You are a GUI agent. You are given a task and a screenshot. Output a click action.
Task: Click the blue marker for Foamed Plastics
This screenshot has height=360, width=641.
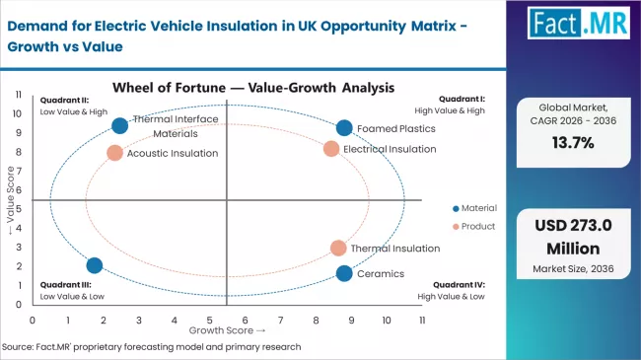coord(343,127)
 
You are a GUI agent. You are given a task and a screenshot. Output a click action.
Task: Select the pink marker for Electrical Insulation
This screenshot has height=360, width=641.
coord(331,149)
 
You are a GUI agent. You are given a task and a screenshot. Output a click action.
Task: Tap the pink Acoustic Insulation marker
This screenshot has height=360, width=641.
coord(114,153)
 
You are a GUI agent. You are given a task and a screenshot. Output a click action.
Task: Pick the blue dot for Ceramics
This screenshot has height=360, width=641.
coord(343,273)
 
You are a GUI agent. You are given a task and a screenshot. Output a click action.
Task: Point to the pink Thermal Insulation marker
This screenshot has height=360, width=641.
coord(338,249)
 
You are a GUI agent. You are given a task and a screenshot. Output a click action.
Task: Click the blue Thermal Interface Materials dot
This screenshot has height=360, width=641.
coord(120,125)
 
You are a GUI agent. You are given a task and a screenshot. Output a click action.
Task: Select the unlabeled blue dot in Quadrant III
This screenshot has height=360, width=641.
coord(95,265)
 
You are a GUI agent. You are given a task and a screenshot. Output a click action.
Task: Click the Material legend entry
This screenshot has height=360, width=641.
coord(478,208)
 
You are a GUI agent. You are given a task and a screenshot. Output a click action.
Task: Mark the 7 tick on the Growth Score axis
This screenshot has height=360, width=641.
coord(281,320)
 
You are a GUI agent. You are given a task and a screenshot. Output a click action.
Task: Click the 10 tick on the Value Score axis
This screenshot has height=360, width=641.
coord(17,112)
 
